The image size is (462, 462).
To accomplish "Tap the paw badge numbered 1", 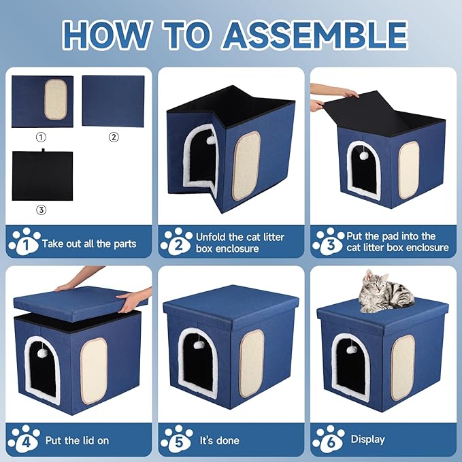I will click(23, 242).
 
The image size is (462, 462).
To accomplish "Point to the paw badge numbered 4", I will click(23, 439).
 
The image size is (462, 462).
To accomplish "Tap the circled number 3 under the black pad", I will click(42, 210).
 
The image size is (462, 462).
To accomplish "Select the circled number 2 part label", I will click(114, 137).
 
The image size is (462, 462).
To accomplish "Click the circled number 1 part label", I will click(42, 137).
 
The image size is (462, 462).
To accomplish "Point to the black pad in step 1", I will click(42, 176).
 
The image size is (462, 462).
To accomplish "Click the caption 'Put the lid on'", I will click(77, 440).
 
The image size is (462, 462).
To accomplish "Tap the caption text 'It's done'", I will click(219, 440).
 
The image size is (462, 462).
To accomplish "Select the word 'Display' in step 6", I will click(367, 440).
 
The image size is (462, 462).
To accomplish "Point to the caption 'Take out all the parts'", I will click(89, 243).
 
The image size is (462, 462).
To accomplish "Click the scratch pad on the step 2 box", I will click(246, 165).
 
